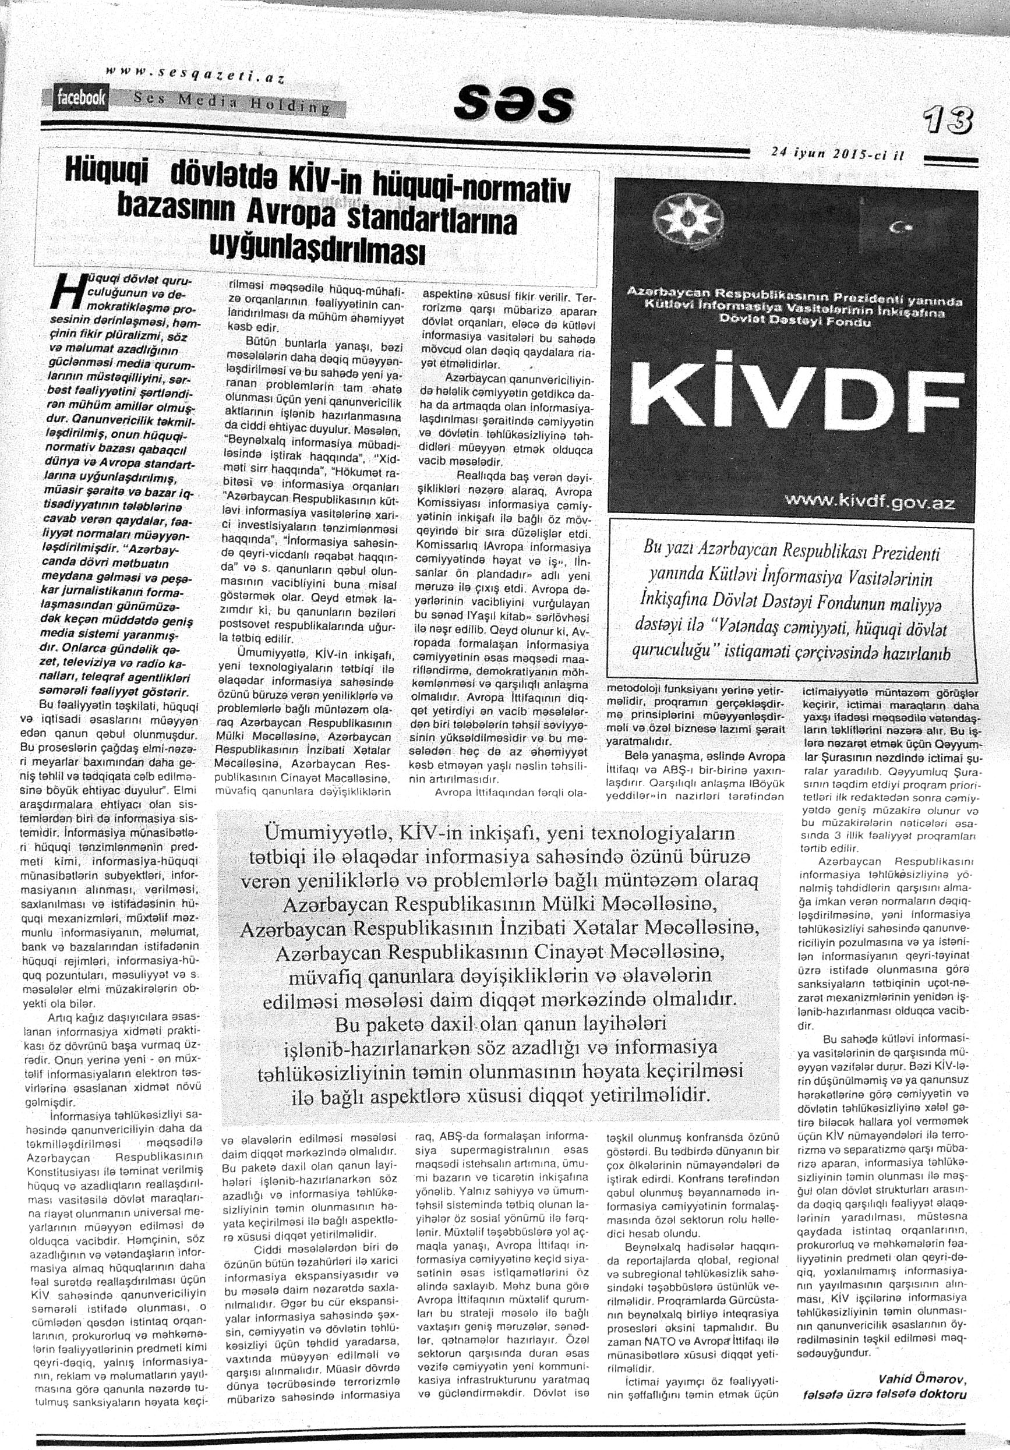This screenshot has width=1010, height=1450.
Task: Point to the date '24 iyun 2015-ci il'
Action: click(x=838, y=154)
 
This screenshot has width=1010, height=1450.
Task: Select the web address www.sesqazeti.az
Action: click(x=196, y=74)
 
